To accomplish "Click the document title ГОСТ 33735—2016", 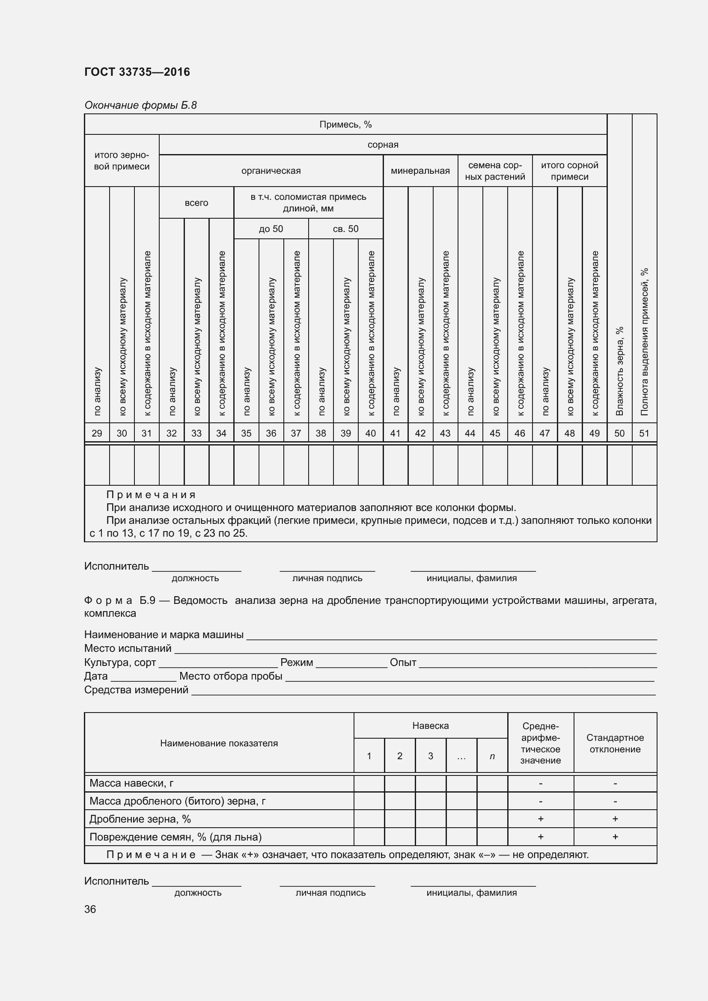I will [x=137, y=72].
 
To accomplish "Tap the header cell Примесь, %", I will [x=345, y=125].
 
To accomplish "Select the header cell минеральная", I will [x=420, y=171].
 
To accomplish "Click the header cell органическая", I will [x=271, y=171].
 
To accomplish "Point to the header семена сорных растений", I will [x=495, y=171].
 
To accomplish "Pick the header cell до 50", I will [x=271, y=229].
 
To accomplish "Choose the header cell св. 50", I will [x=345, y=229].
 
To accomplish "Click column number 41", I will [x=395, y=434].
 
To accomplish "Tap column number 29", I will [x=97, y=434].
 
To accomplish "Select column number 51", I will [x=644, y=434].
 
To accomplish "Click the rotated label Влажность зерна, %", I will [x=619, y=371].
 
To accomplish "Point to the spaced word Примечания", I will [x=151, y=495].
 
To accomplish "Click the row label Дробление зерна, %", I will [x=140, y=819].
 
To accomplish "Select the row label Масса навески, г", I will [x=131, y=784].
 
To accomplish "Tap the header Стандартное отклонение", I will [x=615, y=743].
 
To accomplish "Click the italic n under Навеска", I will [x=492, y=756].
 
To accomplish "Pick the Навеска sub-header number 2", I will [x=399, y=756].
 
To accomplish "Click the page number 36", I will [x=90, y=909].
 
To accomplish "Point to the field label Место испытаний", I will [x=128, y=648].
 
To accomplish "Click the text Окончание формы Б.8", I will [x=140, y=105].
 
